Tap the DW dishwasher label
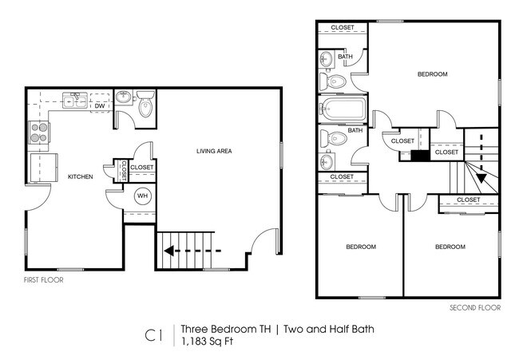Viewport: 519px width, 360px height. (x=100, y=105)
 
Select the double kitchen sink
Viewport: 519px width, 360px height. (x=77, y=101)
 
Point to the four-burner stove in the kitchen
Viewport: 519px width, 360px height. (x=38, y=132)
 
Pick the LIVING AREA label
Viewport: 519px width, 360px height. (x=214, y=151)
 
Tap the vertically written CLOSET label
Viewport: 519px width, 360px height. (x=124, y=170)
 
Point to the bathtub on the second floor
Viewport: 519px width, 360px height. (x=343, y=108)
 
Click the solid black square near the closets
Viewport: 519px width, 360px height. (x=415, y=155)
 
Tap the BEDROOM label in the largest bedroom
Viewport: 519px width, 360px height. (x=432, y=74)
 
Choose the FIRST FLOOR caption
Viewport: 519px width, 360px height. (x=43, y=280)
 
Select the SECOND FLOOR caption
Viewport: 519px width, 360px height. (x=474, y=307)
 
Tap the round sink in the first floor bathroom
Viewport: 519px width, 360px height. (x=124, y=97)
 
